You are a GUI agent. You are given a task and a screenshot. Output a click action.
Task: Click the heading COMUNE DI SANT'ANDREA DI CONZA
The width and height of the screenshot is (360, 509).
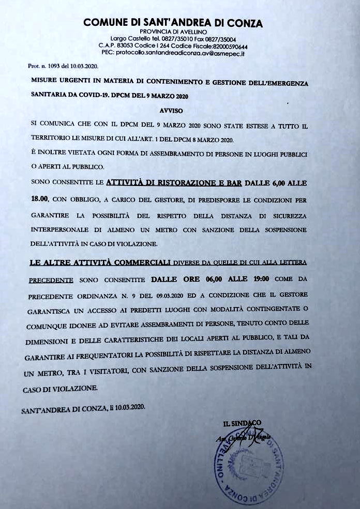(173, 23)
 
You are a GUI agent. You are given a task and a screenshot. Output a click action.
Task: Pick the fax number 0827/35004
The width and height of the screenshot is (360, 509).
(219, 39)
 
